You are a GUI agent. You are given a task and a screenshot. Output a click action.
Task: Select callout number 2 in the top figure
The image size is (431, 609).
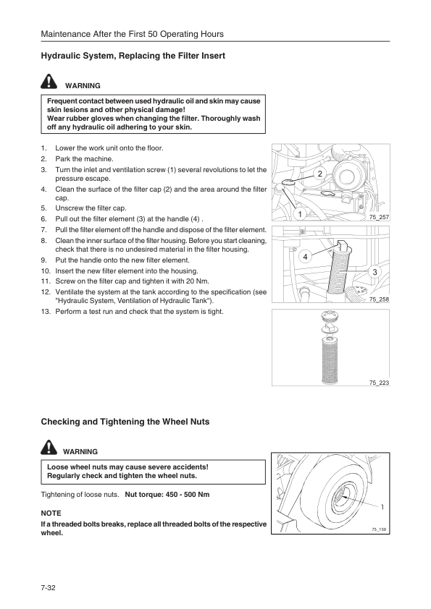point(319,174)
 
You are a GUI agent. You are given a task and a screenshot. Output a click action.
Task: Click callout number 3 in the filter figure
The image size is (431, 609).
point(374,271)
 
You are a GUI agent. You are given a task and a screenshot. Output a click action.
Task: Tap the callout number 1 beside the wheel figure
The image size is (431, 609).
point(382,506)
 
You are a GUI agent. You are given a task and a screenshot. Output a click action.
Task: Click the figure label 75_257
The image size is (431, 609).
point(379,217)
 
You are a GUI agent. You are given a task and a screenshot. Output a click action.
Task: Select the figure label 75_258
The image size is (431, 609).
point(379,299)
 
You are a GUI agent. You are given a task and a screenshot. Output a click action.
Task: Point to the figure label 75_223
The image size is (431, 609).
point(379,382)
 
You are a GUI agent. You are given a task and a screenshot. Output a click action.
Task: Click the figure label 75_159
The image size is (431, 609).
point(380,529)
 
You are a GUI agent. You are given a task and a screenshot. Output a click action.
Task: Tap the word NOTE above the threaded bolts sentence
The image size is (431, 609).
point(51,512)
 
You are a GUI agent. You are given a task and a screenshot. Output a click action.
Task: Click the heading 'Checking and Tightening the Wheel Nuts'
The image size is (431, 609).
point(125,422)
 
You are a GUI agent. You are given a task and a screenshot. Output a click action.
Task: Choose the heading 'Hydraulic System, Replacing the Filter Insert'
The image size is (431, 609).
point(133,56)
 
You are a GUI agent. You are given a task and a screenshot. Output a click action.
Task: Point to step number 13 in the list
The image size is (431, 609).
point(45,312)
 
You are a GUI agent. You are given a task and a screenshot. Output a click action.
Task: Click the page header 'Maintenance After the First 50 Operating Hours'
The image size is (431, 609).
point(132,34)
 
